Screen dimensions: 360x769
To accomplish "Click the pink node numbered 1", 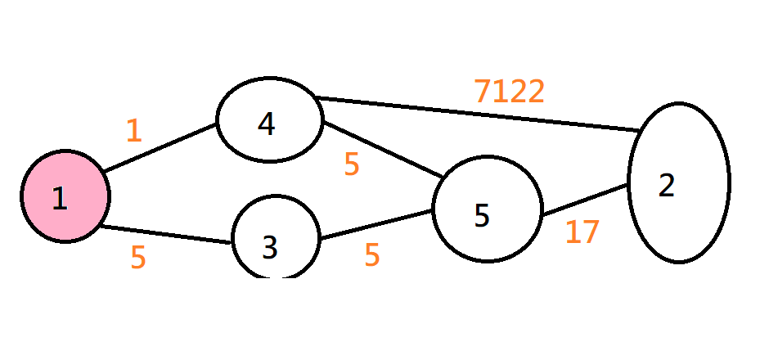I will pyautogui.click(x=65, y=196).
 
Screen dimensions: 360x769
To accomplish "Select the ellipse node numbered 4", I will pyautogui.click(x=269, y=123).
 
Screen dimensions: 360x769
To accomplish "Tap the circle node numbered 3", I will pyautogui.click(x=275, y=239).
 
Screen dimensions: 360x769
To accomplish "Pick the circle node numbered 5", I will pyautogui.click(x=488, y=210).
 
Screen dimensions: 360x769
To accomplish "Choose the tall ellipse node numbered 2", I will pyautogui.click(x=679, y=182).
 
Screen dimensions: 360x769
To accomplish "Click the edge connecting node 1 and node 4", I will pyautogui.click(x=160, y=147).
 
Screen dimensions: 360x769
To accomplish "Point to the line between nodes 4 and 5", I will pyautogui.click(x=383, y=150).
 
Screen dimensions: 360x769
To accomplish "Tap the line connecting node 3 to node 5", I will pyautogui.click(x=376, y=225).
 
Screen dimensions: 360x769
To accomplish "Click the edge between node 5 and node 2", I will pyautogui.click(x=585, y=200).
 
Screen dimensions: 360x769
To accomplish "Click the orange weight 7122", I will pyautogui.click(x=509, y=92).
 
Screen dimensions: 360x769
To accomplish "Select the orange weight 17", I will pyautogui.click(x=582, y=232).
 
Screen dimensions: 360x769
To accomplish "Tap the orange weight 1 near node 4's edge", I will pyautogui.click(x=134, y=131).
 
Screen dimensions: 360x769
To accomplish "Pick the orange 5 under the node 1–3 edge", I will pyautogui.click(x=138, y=258).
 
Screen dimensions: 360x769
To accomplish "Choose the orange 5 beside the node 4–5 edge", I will pyautogui.click(x=352, y=164).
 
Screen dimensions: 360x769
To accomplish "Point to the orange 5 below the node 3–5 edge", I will pyautogui.click(x=372, y=255).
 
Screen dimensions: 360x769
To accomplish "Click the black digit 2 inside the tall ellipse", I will pyautogui.click(x=667, y=186).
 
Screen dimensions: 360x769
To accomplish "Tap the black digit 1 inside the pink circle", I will pyautogui.click(x=59, y=199).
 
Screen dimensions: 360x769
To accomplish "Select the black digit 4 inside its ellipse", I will pyautogui.click(x=266, y=124).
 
